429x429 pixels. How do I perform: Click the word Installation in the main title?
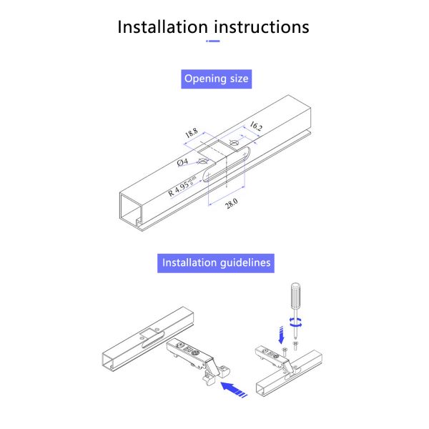click(x=162, y=27)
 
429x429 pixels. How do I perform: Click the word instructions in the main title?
click(x=262, y=27)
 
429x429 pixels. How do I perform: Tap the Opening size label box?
click(x=216, y=79)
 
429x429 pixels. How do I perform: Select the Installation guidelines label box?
click(x=216, y=263)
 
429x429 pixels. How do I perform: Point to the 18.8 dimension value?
click(x=192, y=133)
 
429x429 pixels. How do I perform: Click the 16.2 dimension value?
click(x=256, y=126)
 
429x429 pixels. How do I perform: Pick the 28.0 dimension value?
click(x=232, y=204)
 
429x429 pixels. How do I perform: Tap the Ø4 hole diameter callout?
click(x=182, y=162)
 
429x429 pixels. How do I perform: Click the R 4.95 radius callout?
click(x=182, y=187)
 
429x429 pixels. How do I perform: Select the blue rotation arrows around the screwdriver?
click(x=296, y=322)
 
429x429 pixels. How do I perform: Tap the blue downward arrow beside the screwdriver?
click(x=281, y=335)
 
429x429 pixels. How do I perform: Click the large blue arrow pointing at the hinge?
click(x=233, y=389)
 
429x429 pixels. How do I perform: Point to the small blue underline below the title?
click(x=213, y=41)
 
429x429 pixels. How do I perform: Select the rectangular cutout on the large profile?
click(x=217, y=150)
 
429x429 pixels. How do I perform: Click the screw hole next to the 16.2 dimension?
click(x=235, y=142)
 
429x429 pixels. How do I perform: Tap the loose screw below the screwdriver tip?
click(x=295, y=345)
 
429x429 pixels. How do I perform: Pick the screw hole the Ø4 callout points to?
click(x=202, y=162)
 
